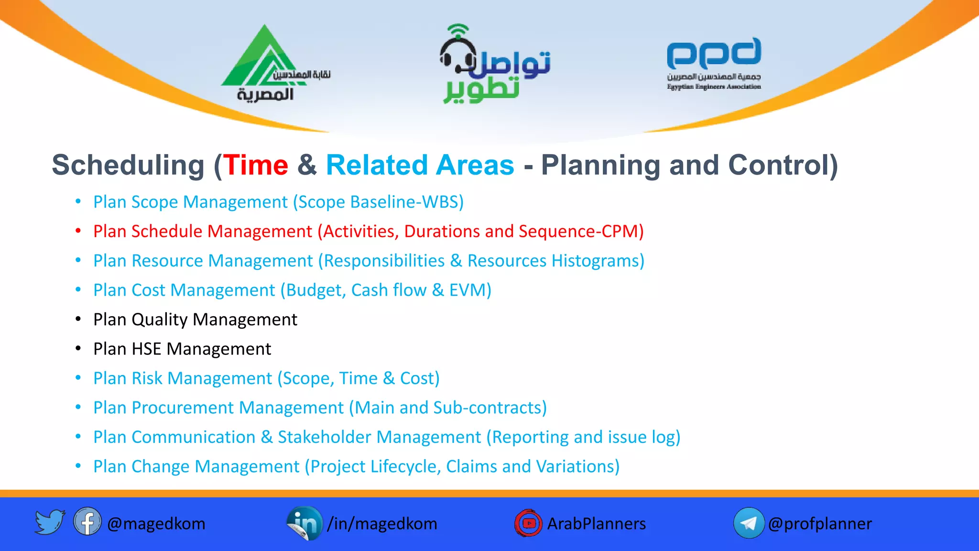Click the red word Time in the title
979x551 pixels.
point(256,165)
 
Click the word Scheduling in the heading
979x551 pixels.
point(128,165)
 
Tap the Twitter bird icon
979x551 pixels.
point(50,522)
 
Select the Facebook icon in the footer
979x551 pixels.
point(87,522)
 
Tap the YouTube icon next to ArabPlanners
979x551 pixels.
point(528,523)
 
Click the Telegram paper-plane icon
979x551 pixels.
point(749,523)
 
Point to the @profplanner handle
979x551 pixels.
point(820,524)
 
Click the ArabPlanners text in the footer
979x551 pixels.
point(596,524)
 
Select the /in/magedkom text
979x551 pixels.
point(382,524)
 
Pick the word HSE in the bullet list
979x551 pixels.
point(146,349)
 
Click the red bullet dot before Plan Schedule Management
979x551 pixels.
point(78,231)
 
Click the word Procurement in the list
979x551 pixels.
point(182,408)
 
